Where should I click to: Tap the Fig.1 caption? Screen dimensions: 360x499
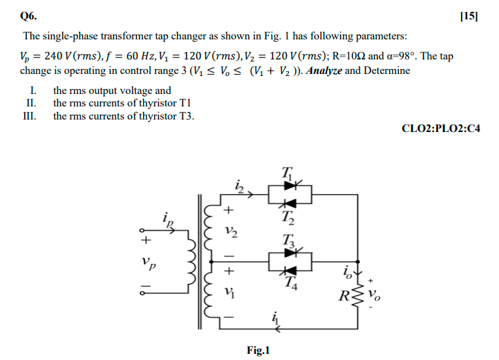258,350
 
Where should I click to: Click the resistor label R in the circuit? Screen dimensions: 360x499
343,300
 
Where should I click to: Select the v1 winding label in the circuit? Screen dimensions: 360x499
231,292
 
